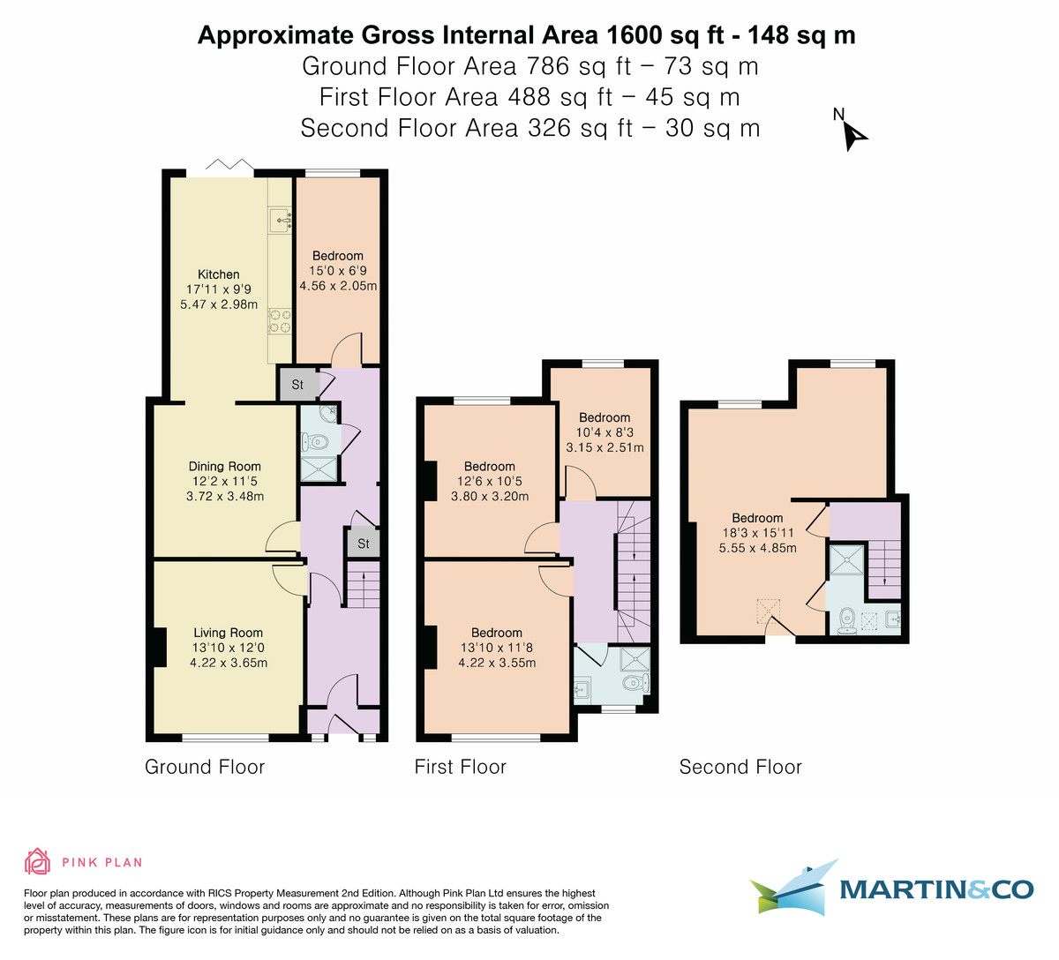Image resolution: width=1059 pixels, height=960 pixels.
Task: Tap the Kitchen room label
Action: (219, 274)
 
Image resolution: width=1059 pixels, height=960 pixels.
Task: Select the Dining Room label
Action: (225, 467)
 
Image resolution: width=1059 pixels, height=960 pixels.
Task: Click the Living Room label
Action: (229, 633)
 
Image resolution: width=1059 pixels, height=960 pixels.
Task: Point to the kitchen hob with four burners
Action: (280, 320)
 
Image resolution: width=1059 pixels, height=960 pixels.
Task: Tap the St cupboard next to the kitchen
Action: (297, 385)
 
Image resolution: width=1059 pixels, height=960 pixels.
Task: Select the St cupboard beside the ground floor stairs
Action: (363, 544)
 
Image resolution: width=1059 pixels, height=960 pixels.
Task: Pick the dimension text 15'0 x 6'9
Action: (337, 271)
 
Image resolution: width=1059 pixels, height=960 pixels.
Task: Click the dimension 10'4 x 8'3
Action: (605, 432)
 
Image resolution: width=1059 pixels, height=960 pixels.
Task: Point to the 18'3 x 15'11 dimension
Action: (757, 533)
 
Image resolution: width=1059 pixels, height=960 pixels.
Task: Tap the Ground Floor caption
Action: (205, 767)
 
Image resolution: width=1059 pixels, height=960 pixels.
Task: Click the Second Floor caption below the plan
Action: (740, 767)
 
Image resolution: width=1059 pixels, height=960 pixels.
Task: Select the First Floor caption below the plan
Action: (460, 767)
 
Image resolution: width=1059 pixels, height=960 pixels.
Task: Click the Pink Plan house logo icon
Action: (37, 861)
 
